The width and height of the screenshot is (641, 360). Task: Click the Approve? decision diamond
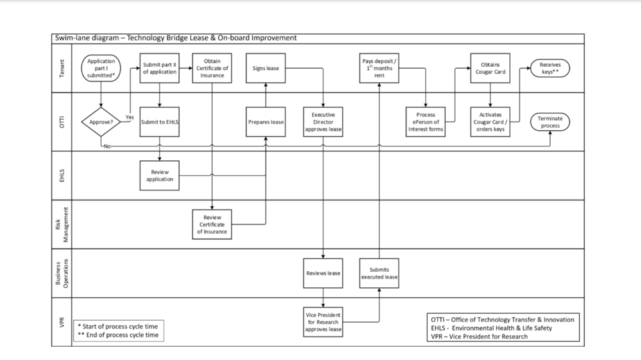click(x=101, y=122)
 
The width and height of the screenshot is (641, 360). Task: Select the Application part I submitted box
click(x=101, y=68)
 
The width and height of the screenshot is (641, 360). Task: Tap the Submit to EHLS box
click(x=160, y=122)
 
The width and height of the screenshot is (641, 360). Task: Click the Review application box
click(x=160, y=175)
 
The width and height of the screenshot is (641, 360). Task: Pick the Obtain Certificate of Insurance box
click(x=213, y=68)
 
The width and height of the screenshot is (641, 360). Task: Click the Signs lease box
click(x=265, y=68)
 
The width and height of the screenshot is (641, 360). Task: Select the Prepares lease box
click(x=265, y=122)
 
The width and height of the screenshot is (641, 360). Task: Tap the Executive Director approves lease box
click(x=324, y=122)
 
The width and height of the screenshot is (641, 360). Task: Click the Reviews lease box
click(x=324, y=273)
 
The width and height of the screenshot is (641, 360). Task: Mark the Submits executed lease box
click(x=379, y=273)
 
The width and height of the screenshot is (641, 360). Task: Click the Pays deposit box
click(x=379, y=68)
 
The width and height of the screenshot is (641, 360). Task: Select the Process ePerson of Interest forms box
click(x=426, y=122)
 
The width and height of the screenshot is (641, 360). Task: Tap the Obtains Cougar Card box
click(x=491, y=68)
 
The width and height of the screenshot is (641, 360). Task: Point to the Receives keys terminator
click(x=550, y=68)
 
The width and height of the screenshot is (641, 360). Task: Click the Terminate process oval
click(x=550, y=122)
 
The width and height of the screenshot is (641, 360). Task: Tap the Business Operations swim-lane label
click(x=62, y=273)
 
